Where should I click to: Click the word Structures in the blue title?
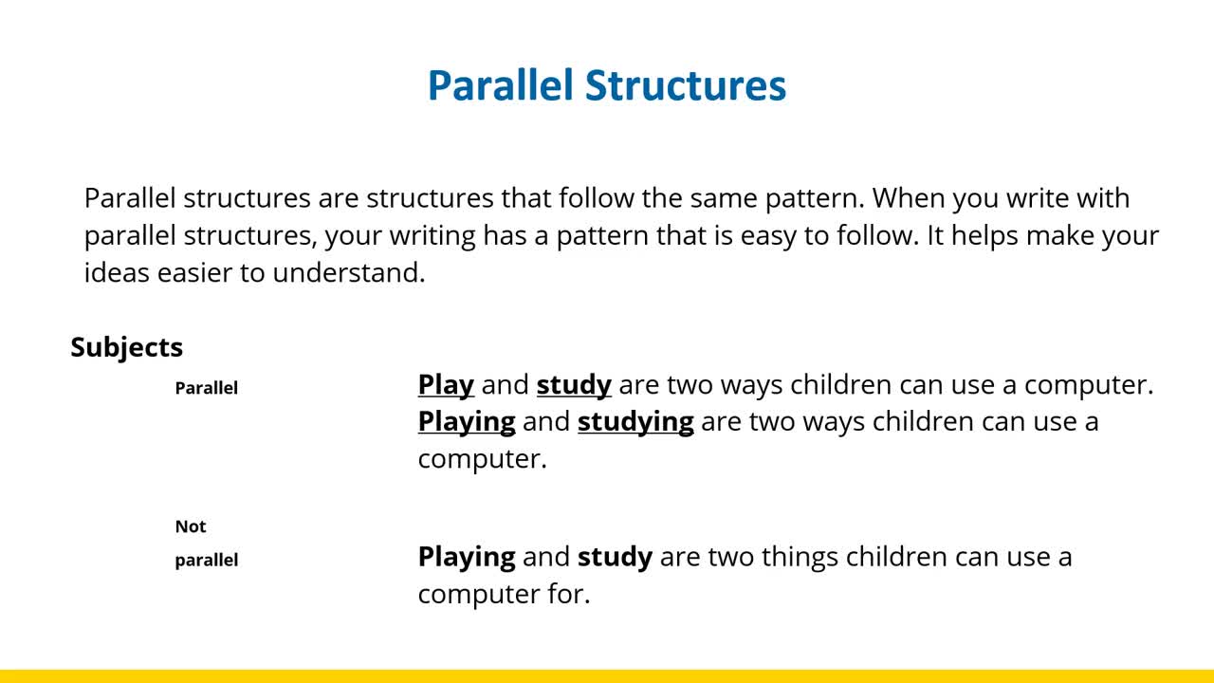point(686,85)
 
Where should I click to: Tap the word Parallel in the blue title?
point(500,85)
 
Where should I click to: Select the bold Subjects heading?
point(127,348)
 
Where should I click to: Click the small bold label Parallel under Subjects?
point(207,388)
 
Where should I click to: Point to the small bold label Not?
point(191,526)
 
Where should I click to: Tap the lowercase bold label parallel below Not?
point(207,561)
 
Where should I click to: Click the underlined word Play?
point(446,386)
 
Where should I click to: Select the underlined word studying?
point(635,423)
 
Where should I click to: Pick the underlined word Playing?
point(467,423)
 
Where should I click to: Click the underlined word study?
point(574,386)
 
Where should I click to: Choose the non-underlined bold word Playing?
point(467,558)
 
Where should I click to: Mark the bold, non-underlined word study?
point(616,558)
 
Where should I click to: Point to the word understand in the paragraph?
point(349,272)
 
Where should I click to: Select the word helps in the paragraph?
point(984,236)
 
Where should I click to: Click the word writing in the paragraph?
point(432,236)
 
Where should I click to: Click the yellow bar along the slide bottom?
point(607,676)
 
